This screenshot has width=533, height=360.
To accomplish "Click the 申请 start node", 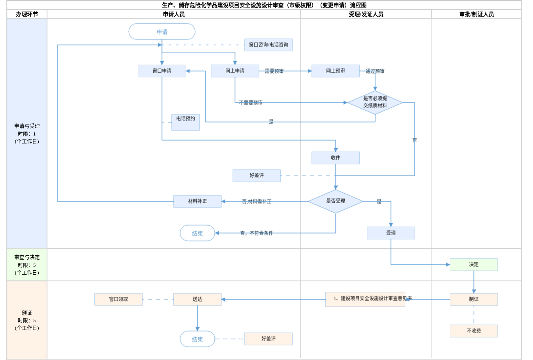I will [162, 32].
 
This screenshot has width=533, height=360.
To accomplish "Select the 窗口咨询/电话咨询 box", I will [268, 45].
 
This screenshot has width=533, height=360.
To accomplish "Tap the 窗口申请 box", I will [162, 71].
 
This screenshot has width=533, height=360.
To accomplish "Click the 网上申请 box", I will [235, 71].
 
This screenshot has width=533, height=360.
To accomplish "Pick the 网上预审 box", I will [336, 71].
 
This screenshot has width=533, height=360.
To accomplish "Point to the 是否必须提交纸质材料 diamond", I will [375, 102].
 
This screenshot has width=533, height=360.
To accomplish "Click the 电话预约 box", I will [186, 122].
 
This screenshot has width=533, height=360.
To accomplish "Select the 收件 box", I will [336, 158].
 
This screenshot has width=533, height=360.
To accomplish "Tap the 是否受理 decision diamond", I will [336, 201].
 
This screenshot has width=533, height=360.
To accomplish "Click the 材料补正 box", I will [197, 201].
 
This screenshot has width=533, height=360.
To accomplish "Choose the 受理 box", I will [391, 233].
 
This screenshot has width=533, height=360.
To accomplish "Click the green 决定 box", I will [474, 264].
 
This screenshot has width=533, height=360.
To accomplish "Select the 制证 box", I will [474, 299].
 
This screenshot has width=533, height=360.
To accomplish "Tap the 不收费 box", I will [474, 331].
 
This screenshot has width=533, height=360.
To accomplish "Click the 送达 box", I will [197, 299].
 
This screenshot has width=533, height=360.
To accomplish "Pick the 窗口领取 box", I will [118, 299].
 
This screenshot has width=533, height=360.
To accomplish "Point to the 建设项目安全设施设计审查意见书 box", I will [365, 299].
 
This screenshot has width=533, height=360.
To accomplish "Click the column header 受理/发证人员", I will [366, 14].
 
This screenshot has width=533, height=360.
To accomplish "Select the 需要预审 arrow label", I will [274, 71].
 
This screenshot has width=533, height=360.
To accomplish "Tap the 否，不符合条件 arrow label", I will [257, 233].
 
